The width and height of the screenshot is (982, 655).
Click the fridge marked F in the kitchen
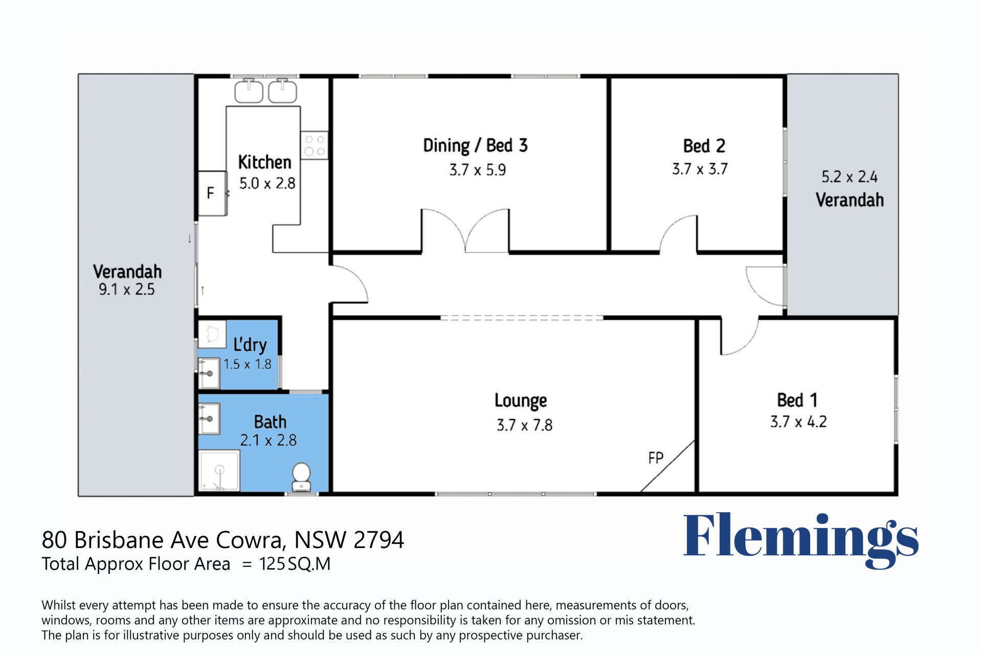(212, 193)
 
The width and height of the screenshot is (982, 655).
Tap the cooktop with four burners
(315, 145)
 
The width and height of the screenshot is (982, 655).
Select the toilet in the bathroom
(301, 478)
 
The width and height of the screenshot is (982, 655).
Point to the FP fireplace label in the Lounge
(656, 458)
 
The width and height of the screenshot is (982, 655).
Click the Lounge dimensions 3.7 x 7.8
(524, 425)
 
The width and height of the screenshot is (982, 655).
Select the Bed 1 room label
(797, 400)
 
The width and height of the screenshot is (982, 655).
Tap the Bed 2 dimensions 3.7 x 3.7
(700, 169)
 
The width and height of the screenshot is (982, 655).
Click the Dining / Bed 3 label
(475, 146)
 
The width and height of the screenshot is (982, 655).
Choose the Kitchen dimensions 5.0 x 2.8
(267, 183)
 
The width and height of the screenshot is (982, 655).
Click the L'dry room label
(250, 344)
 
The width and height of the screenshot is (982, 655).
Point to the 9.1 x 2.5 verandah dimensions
(126, 289)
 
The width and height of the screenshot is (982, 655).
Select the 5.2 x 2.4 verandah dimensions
(849, 177)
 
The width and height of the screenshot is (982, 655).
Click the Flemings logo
(801, 540)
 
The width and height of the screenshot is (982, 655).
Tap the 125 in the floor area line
(272, 564)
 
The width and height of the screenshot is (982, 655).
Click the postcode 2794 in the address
(378, 540)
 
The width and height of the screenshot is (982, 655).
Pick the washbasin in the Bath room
(209, 418)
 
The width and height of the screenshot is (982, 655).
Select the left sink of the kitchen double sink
(249, 91)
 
